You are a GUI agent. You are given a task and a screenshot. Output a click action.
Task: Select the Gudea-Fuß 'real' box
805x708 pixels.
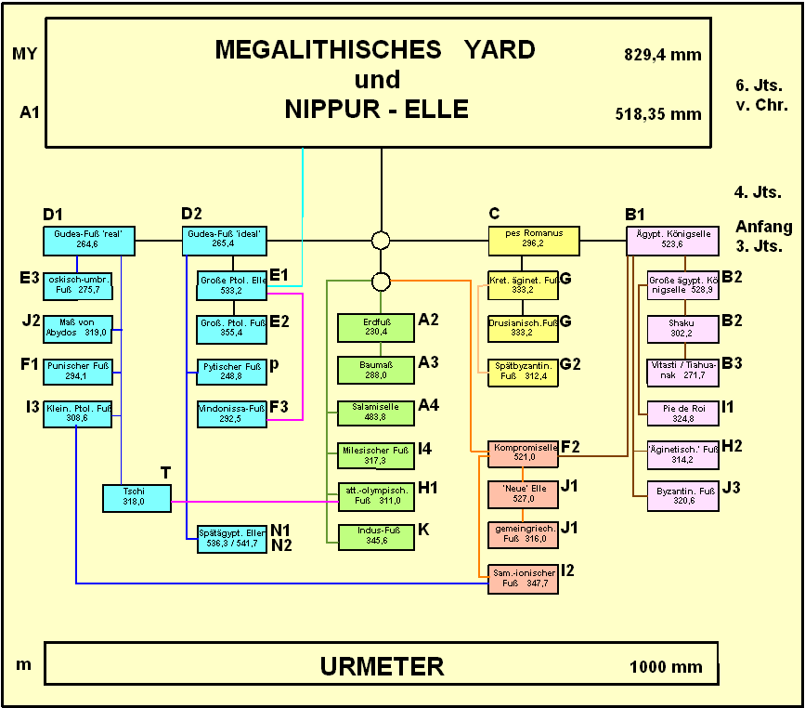(x=89, y=240)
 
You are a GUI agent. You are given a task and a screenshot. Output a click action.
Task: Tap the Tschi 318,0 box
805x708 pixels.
(x=136, y=497)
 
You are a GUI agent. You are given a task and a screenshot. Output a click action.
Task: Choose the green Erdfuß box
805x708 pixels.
(x=375, y=327)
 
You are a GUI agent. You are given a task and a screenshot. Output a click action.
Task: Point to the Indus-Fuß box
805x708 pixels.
(x=375, y=536)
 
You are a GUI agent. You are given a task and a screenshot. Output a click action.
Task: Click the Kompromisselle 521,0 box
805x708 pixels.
(x=524, y=452)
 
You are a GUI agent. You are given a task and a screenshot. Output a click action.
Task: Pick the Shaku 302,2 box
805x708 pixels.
(x=682, y=329)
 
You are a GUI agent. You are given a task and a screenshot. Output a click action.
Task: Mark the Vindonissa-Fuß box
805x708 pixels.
(x=232, y=413)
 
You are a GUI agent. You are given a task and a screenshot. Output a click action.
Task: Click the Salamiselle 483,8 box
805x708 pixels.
(x=375, y=413)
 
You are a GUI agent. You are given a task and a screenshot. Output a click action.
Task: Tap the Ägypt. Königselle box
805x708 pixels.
(x=672, y=240)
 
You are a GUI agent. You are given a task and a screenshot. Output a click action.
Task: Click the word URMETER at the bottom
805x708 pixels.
(x=382, y=666)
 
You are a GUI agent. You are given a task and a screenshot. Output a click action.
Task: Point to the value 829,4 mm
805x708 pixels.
(x=662, y=56)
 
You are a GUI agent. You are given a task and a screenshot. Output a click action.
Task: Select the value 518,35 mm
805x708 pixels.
(x=657, y=114)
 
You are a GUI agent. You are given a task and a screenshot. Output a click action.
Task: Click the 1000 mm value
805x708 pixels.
(x=666, y=667)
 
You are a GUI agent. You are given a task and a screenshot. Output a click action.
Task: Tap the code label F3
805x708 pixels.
(x=279, y=407)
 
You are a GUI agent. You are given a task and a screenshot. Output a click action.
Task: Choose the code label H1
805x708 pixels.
(x=428, y=488)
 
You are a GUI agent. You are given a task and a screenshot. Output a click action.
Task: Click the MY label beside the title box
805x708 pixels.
(x=25, y=53)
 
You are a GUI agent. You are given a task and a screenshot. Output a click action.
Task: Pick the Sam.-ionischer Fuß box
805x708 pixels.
(x=524, y=579)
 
